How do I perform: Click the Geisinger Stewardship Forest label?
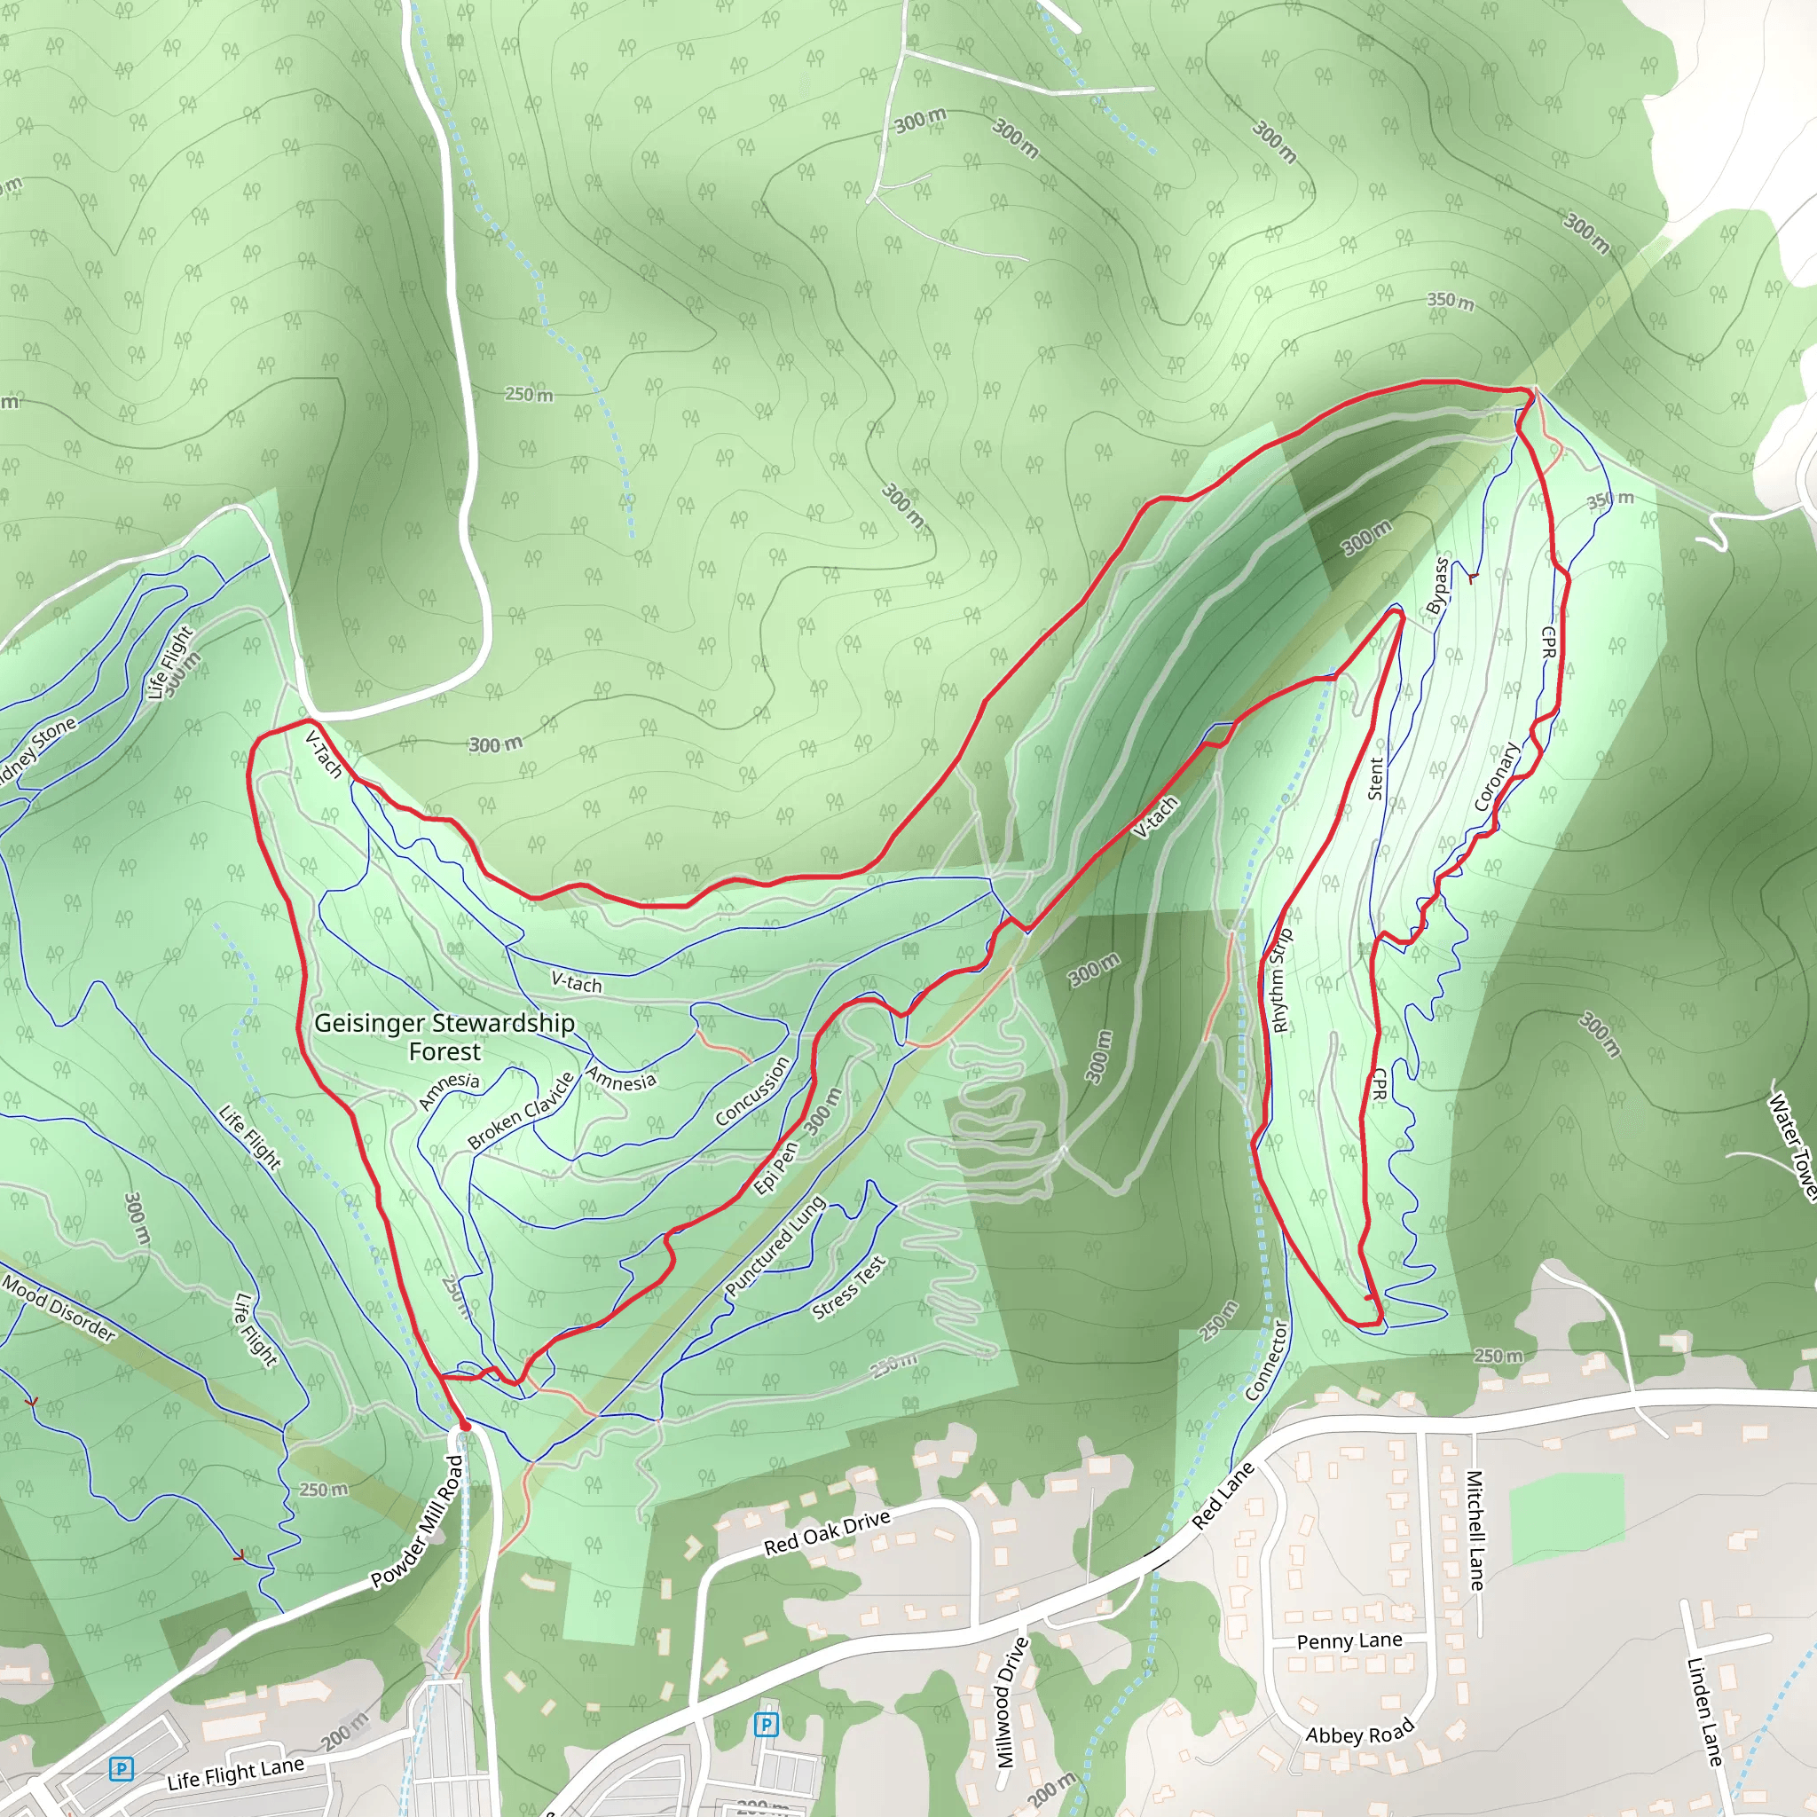click(x=444, y=1036)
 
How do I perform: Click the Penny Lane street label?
click(x=1349, y=1641)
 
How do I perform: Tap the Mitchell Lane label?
click(x=1475, y=1530)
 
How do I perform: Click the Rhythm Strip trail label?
click(x=1281, y=981)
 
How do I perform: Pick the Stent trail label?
click(x=1376, y=779)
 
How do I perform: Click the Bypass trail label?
click(x=1437, y=586)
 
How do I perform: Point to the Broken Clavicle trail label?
click(x=520, y=1111)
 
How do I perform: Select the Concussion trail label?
click(x=751, y=1091)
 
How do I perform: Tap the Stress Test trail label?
click(x=848, y=1288)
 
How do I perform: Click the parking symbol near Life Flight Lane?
click(x=121, y=1769)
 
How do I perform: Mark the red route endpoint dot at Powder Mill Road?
click(x=465, y=1427)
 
